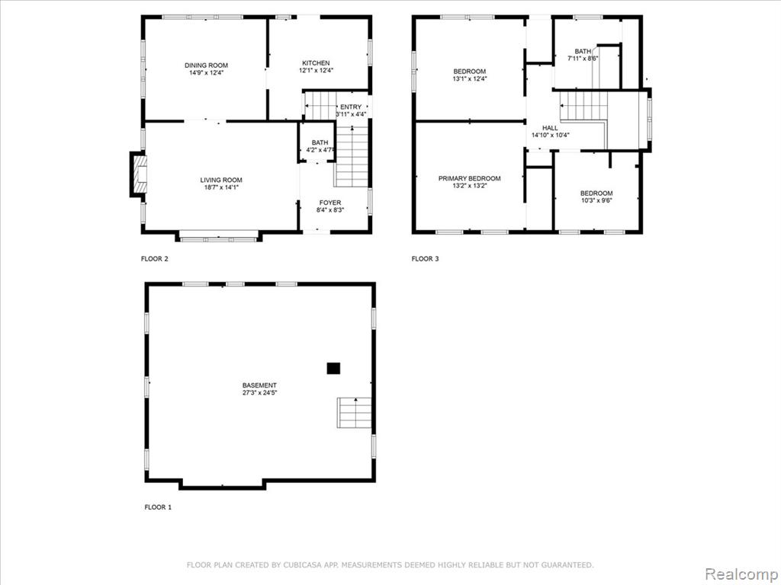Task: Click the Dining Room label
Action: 206,66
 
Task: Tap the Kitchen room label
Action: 316,63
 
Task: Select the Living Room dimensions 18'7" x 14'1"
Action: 221,187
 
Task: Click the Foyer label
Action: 330,203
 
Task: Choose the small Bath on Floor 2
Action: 320,142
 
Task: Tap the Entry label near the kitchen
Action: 351,107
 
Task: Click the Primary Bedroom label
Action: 469,178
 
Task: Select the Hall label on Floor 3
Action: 551,128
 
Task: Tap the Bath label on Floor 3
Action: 583,51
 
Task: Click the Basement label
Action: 259,385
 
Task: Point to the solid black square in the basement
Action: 333,368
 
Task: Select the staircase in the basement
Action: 354,412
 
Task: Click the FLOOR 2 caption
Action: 155,259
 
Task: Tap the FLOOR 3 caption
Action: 426,259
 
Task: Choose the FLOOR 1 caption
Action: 158,507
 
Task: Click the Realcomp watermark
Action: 741,574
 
